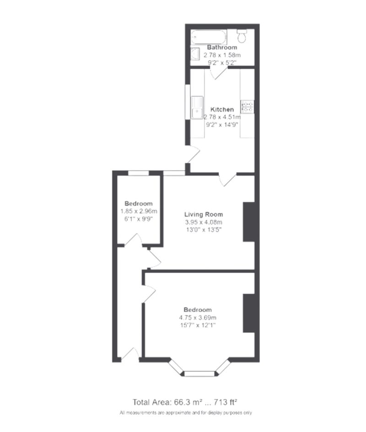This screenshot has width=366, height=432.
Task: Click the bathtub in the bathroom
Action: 209,36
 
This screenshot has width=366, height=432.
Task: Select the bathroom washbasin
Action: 195,54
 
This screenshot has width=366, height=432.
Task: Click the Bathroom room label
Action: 222,48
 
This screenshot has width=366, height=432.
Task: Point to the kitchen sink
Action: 197,107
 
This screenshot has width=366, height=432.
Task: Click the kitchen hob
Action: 248,107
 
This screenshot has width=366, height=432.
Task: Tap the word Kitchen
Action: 222,110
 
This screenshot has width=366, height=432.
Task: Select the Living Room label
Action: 204,214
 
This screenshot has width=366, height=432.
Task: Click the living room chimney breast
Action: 248,222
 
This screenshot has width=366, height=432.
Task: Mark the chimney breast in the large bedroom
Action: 248,313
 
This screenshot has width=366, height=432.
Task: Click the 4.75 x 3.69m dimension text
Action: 198,318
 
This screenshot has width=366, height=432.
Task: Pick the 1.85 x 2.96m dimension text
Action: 139,211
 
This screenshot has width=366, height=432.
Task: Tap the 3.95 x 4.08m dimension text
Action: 204,222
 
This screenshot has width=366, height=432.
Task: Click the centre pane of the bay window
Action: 199,374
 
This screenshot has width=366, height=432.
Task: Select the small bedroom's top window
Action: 138,173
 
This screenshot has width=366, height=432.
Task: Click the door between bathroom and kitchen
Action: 218,72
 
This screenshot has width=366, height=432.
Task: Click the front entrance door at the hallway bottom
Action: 130,354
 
